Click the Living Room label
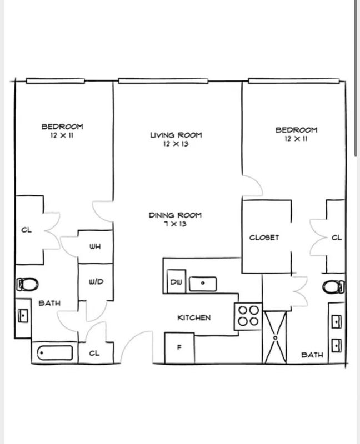176,135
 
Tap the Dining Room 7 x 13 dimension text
176,224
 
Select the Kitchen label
194,317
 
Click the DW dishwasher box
176,281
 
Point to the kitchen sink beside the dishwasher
203,284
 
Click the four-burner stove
248,316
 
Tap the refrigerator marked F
179,348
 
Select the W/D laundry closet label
96,282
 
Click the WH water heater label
95,246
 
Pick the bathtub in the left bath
54,353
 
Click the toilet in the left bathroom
27,284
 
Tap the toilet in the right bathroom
334,287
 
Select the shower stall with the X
275,337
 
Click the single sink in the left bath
23,315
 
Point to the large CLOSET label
264,238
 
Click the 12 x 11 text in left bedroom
62,135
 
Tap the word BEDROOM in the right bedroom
296,130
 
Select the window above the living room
163,81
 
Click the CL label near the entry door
94,353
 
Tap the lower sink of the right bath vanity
337,346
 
